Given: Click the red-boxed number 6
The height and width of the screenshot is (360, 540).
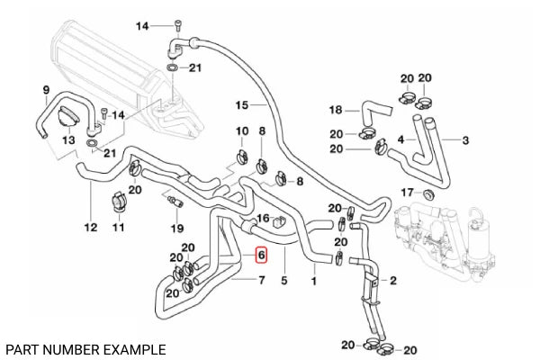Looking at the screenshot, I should [261, 256].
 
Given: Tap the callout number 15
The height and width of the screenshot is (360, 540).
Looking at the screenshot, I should [241, 104].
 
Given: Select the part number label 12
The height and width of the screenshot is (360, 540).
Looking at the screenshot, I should [90, 228].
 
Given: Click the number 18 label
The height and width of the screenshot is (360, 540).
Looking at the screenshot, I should [336, 111].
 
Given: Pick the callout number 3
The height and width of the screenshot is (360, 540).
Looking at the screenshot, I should [465, 140].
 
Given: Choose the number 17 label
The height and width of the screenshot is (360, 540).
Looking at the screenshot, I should [407, 193].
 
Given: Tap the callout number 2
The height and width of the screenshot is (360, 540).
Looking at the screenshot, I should [393, 281].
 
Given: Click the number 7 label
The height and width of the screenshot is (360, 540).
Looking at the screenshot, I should [262, 282].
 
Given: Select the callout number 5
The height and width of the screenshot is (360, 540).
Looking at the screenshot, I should [283, 281].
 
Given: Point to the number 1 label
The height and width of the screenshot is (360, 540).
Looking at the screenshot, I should [314, 281].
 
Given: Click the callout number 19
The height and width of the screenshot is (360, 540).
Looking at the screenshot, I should [177, 228].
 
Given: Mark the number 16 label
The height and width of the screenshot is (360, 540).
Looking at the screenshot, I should [264, 219].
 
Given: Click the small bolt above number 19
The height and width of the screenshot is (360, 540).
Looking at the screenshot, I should [173, 201].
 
